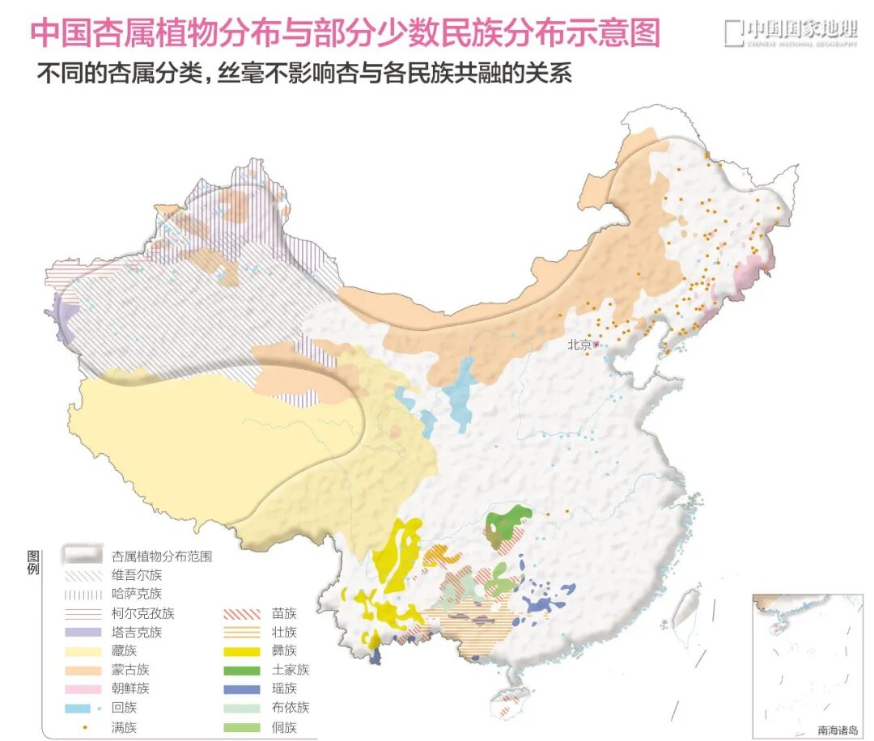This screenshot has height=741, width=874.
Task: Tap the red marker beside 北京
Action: pos(596,345)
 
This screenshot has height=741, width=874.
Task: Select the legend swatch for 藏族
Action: pos(83,651)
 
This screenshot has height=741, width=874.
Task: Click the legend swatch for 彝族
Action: pos(240,651)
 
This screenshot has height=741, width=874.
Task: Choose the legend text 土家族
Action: pos(291,670)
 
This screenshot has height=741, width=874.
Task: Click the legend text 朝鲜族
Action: pos(130,689)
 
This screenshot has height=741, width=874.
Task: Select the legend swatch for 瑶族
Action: pos(240,689)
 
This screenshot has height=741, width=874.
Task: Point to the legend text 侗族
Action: pos(285,727)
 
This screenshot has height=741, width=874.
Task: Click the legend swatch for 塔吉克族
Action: pos(83,633)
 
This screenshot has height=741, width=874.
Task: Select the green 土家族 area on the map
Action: pos(508,522)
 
